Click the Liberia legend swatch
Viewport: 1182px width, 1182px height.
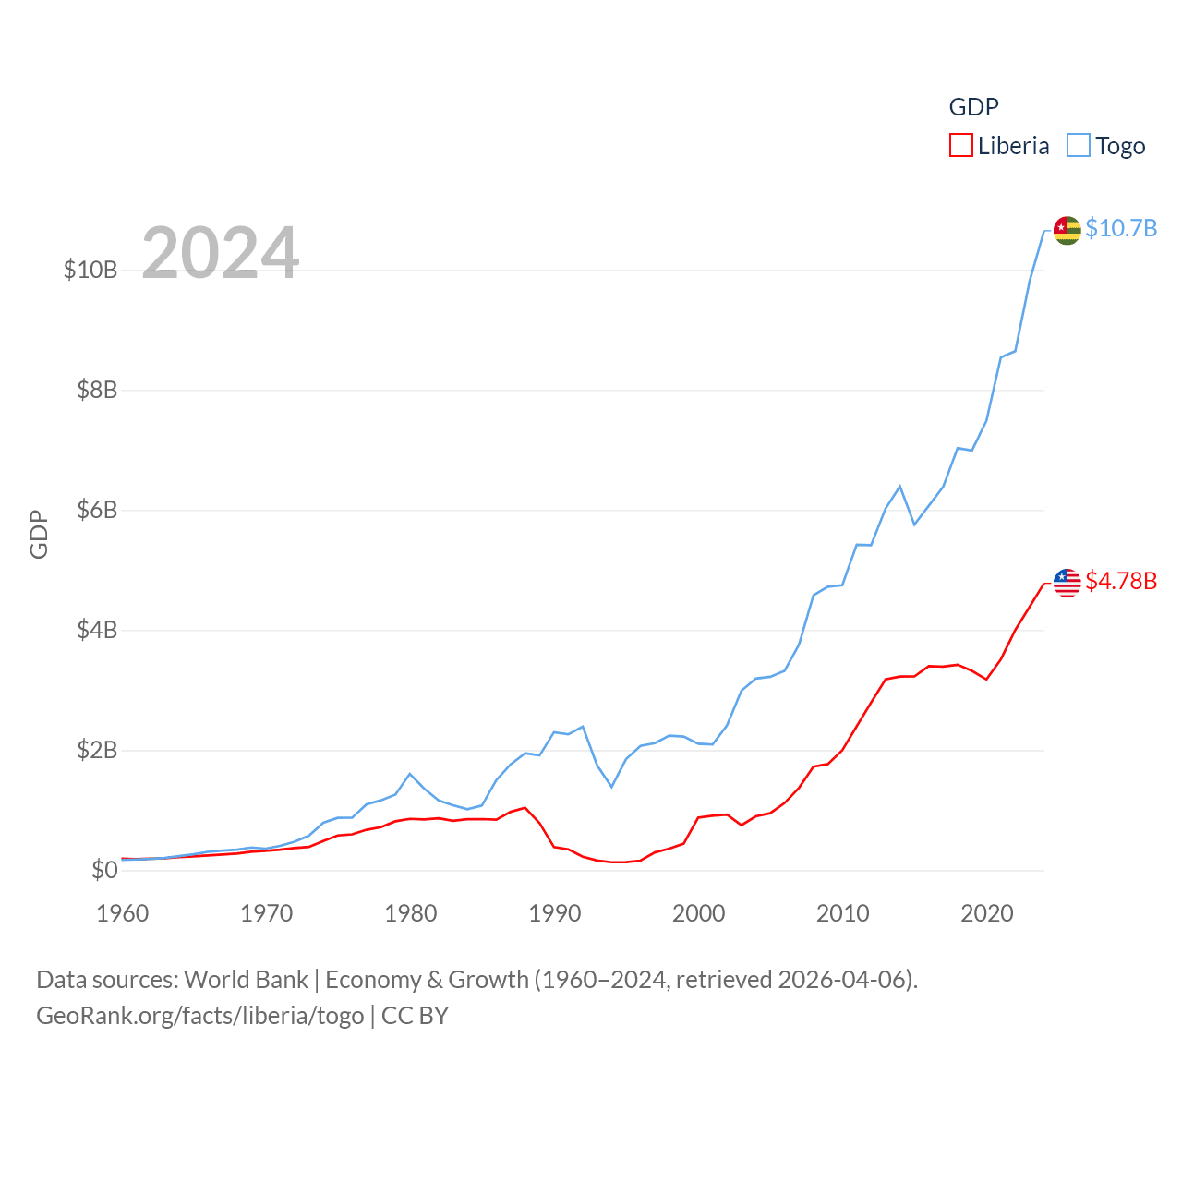tap(961, 146)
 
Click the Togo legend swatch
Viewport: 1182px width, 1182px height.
tap(1079, 146)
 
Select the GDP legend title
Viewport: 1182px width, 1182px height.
tap(973, 107)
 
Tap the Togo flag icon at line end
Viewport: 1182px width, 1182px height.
tap(1067, 230)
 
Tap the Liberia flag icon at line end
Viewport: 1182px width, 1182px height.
tap(1067, 583)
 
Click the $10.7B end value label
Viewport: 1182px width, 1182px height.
tap(1121, 228)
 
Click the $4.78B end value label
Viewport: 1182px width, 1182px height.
tap(1121, 581)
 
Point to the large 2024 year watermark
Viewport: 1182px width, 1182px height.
tap(221, 252)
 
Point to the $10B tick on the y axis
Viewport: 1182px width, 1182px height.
tap(90, 270)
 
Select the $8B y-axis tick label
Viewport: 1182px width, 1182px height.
tap(97, 390)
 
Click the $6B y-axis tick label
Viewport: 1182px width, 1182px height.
tap(97, 510)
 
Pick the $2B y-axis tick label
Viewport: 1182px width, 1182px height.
tap(97, 750)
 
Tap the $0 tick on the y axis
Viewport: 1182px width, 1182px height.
tap(104, 870)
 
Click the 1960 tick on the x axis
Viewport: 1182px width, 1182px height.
tap(123, 913)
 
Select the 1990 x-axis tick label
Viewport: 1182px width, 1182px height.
tap(555, 913)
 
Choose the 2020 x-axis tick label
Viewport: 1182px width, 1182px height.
tap(987, 913)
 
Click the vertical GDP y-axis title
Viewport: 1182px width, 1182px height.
tap(39, 534)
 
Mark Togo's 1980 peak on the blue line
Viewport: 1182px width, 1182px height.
tap(410, 774)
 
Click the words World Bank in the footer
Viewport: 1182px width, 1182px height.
tap(246, 980)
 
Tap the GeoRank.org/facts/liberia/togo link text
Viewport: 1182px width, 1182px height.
tap(200, 1016)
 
